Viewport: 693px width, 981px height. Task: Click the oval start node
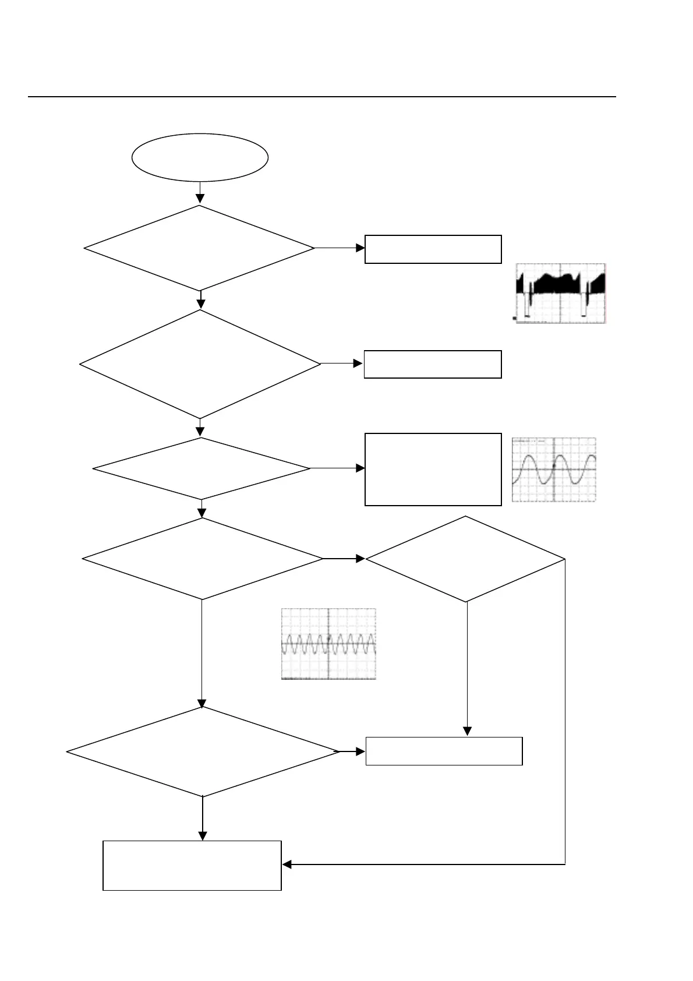coord(200,157)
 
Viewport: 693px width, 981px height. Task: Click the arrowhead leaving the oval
coord(200,199)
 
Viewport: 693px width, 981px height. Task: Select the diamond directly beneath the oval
coord(199,248)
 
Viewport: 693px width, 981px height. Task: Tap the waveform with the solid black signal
coord(561,293)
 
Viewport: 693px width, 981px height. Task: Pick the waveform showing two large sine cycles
coord(554,470)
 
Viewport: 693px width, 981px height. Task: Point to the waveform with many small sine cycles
coord(328,644)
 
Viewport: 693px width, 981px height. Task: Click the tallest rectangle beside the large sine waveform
coord(433,469)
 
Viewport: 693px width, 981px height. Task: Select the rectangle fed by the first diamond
coord(433,249)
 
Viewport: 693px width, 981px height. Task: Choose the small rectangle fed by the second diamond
coord(433,364)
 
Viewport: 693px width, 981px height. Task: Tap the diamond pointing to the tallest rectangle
coord(201,468)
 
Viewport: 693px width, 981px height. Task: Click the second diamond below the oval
coord(200,364)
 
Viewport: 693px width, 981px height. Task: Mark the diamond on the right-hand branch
coord(465,559)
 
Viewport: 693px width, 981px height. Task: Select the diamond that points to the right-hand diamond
coord(202,559)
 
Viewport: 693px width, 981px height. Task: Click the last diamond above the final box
coord(203,751)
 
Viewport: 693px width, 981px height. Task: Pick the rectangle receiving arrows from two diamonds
coord(444,751)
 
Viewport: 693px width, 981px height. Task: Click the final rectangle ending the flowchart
coord(192,865)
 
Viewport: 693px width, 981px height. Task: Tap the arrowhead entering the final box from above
coord(203,836)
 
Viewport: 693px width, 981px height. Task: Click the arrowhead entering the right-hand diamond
coord(360,559)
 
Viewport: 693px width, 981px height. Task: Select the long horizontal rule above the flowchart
coord(321,97)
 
